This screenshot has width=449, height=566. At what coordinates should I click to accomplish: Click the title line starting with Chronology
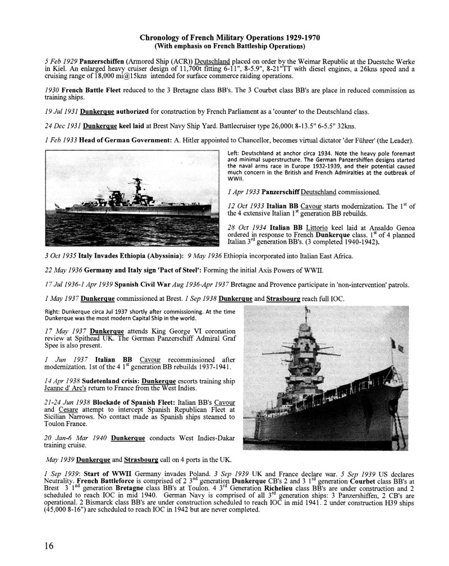pyautogui.click(x=231, y=37)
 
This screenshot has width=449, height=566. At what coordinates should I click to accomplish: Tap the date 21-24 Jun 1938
pyautogui.click(x=67, y=403)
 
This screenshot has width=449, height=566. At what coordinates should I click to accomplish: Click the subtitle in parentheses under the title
pyautogui.click(x=231, y=45)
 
